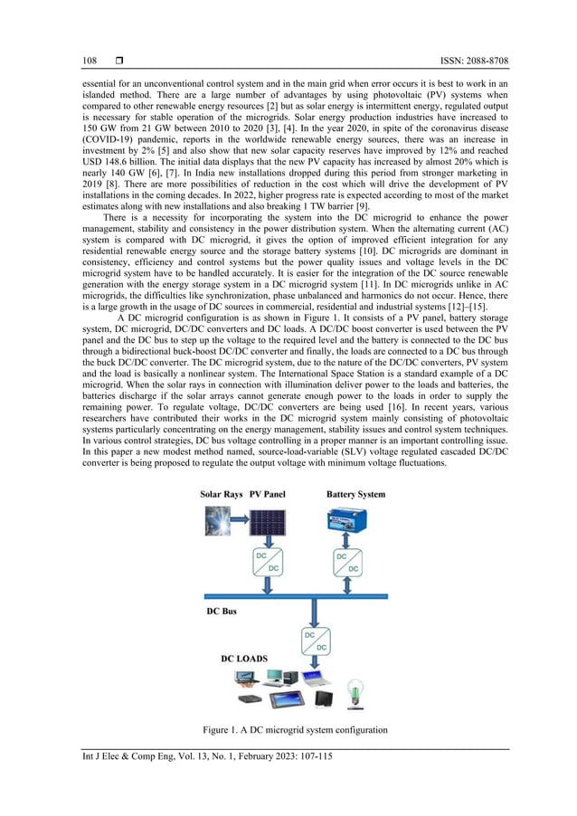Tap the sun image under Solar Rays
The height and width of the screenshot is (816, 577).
[217, 523]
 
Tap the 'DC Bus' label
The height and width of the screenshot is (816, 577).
[222, 612]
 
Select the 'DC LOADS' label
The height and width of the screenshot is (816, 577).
[244, 659]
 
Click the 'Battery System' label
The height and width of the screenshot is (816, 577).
[355, 494]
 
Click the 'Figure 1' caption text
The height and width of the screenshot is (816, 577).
[297, 729]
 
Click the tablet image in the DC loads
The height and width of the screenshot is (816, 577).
[285, 699]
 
